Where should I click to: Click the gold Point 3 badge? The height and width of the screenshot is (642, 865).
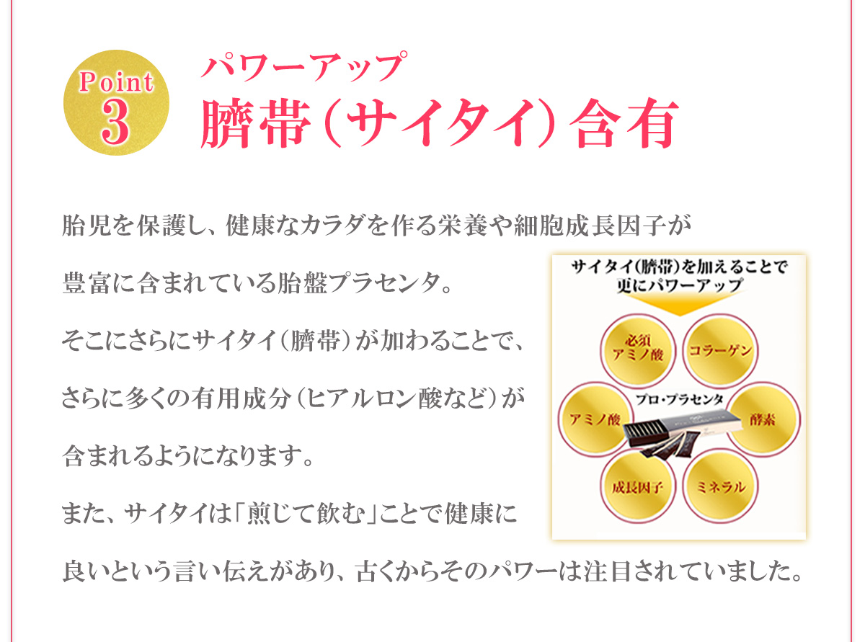click(x=116, y=102)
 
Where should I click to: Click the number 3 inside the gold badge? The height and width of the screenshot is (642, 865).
click(x=116, y=120)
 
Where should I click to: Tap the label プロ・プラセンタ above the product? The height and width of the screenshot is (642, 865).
click(x=680, y=397)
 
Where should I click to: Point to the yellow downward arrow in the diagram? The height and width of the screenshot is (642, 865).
click(x=678, y=303)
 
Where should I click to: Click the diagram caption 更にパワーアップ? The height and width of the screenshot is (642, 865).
click(x=679, y=285)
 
